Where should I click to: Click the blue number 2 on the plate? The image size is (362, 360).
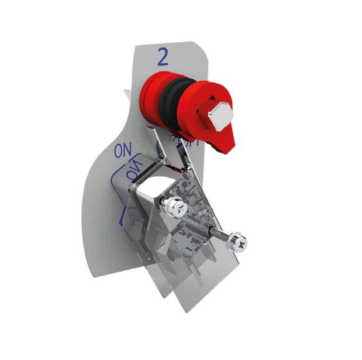[163, 57]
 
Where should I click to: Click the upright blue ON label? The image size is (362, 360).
[122, 150]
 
